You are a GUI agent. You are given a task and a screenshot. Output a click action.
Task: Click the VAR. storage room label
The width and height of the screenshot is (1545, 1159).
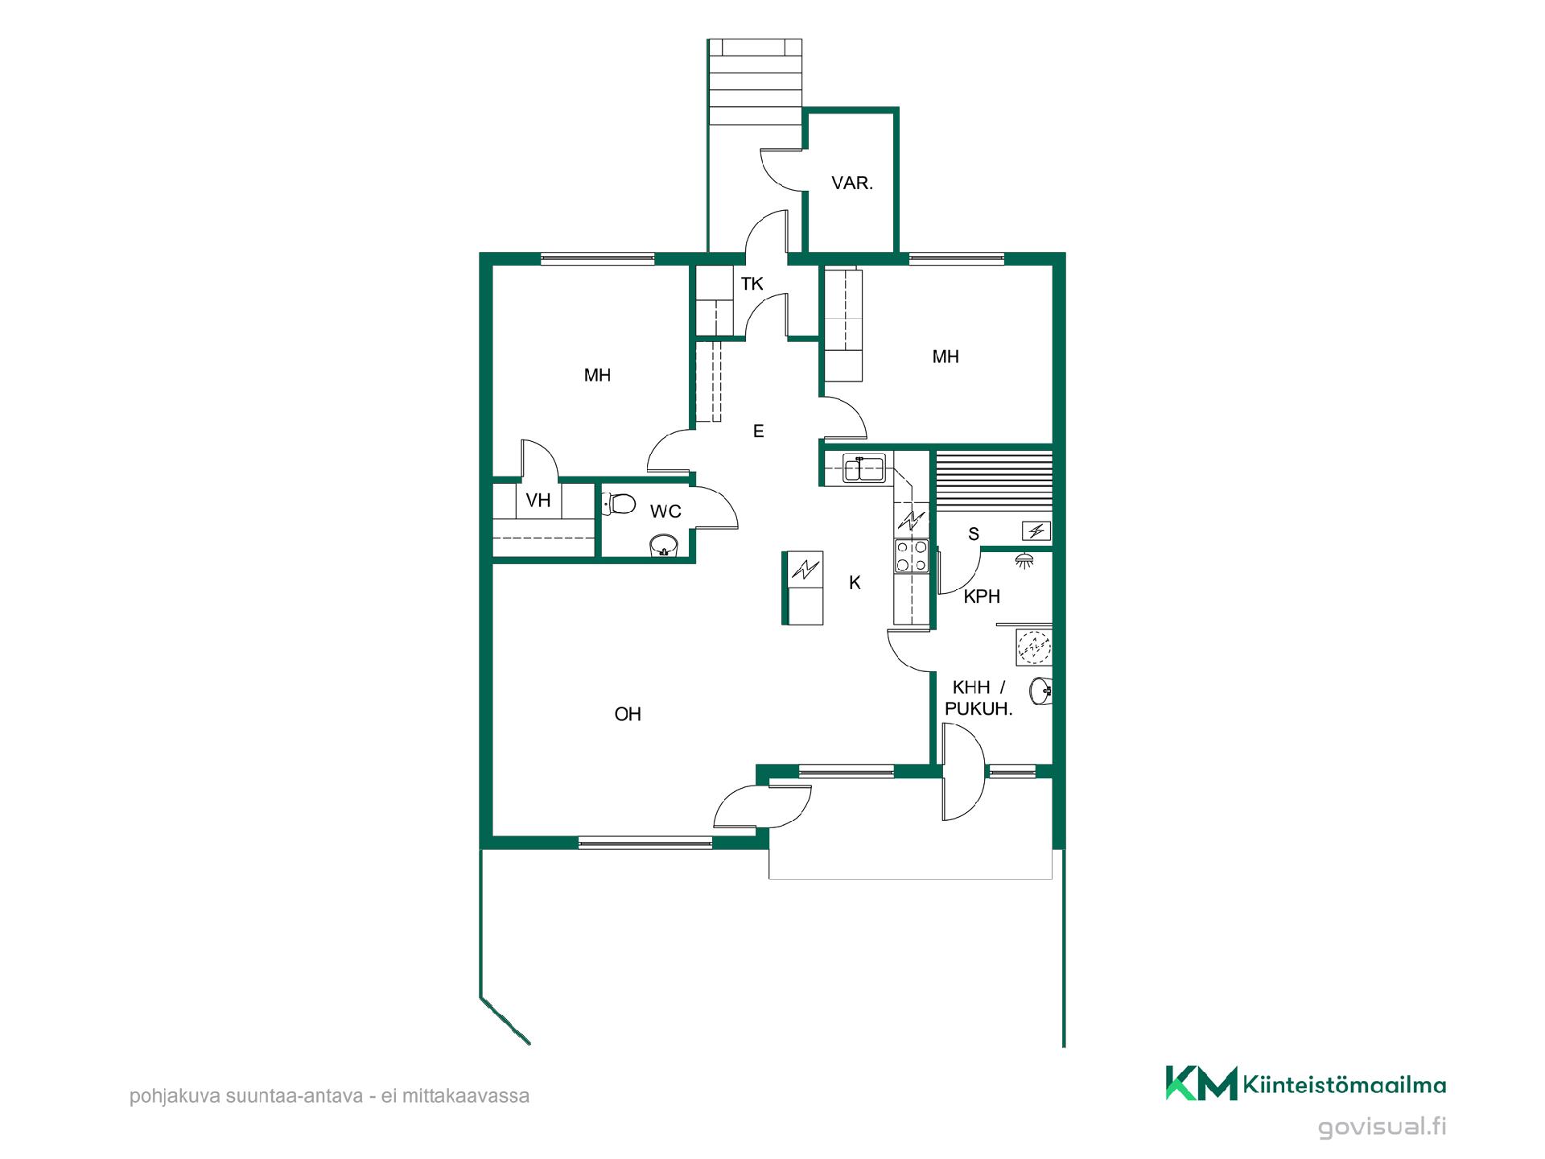tap(852, 184)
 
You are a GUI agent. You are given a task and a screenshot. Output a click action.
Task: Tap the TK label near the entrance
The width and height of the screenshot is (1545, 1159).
tap(752, 284)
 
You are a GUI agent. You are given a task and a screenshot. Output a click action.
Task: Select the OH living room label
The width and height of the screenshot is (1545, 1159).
tap(628, 714)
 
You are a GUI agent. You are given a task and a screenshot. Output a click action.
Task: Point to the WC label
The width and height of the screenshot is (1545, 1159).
tap(665, 511)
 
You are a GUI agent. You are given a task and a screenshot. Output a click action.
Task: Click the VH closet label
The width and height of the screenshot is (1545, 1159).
tap(538, 501)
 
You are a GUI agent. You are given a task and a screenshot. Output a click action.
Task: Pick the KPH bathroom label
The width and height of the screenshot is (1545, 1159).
tap(982, 596)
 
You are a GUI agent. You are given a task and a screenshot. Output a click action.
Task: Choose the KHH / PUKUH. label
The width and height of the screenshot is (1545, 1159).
tap(978, 698)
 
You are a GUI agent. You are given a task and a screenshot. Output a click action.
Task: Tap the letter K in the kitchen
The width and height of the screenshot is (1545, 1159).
tap(855, 583)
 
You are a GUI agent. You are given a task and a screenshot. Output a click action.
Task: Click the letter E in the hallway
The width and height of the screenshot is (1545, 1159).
tap(758, 431)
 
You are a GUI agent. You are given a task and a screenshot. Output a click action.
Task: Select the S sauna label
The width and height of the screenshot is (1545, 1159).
tap(974, 534)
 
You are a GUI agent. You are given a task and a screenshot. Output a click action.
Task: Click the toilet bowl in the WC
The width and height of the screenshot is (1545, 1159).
tap(619, 504)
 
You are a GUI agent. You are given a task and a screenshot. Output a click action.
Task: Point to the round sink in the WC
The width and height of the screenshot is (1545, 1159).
tap(665, 545)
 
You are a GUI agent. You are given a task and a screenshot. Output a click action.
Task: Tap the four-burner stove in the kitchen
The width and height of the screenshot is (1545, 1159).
tap(911, 556)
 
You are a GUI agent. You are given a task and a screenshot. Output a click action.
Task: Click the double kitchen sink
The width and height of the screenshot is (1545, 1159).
tap(864, 468)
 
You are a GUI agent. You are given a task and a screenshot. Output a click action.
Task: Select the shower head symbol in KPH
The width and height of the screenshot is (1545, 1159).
tap(1024, 560)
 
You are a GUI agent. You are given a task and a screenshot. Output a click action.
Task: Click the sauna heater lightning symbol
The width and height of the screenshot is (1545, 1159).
tap(1036, 530)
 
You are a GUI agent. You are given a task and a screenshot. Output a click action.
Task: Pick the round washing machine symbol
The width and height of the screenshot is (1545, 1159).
tap(1034, 647)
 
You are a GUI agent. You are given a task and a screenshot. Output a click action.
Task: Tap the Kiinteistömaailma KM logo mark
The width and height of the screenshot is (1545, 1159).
tap(1201, 1083)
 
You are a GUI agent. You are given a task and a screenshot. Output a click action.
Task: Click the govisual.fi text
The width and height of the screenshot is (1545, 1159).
tap(1382, 1127)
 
